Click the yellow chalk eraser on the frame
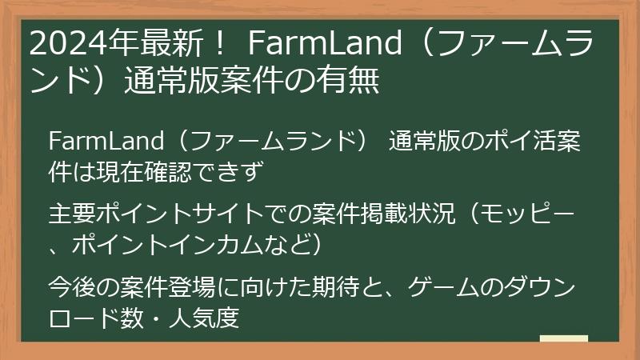[563, 339]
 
